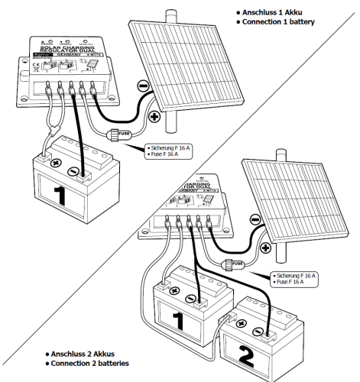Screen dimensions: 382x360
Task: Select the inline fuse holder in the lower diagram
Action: point(234,264)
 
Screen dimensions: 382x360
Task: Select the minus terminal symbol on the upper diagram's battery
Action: point(72,170)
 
